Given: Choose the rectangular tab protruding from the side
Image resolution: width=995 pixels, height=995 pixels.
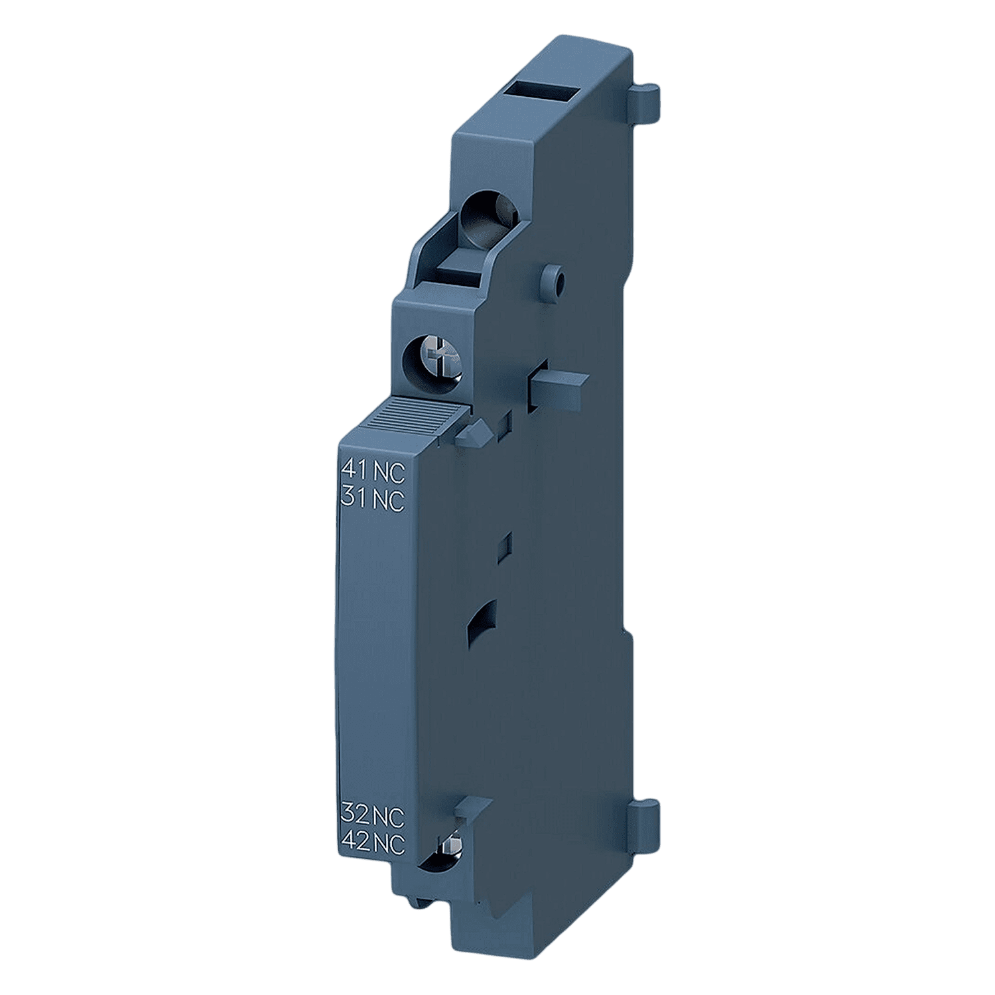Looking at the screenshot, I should (x=556, y=384).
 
